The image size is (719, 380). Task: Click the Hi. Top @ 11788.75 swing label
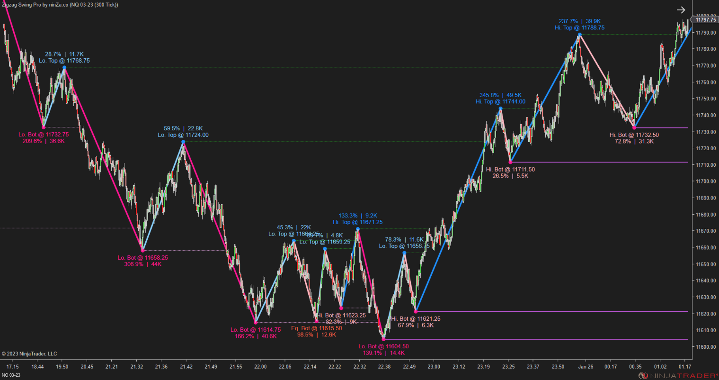coord(579,27)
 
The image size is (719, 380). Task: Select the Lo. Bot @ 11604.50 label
coord(383,346)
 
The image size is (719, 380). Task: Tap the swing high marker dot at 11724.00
coord(183,142)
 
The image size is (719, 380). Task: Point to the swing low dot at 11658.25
coord(142,250)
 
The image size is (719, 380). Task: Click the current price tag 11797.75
coord(706,20)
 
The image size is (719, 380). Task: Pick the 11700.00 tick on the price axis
coord(705,181)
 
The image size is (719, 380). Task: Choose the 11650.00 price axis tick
coord(705,264)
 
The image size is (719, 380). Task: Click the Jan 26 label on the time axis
coord(586,367)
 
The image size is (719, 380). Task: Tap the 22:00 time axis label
coord(260,367)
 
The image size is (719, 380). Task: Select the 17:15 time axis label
coord(13,367)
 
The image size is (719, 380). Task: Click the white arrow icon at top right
coord(681,10)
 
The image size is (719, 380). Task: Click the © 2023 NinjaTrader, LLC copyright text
coord(29,354)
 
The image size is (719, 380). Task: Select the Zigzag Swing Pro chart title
coord(60,5)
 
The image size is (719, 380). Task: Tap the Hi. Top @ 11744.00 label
coord(500,101)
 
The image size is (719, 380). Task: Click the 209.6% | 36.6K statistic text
coord(44,141)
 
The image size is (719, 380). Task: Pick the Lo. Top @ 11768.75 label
coord(64,61)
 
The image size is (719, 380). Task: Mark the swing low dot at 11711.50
coord(510,162)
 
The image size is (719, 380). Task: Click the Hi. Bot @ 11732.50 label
coord(634,135)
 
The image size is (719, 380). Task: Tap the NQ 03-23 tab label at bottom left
coord(11,376)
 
